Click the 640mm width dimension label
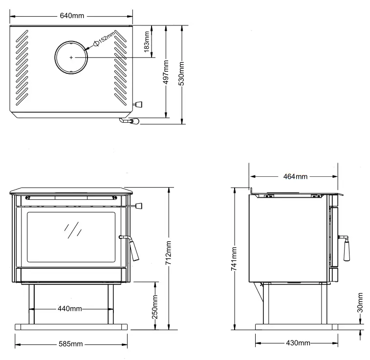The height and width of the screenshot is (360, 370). click(x=71, y=15)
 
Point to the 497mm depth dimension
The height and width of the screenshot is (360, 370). click(x=167, y=72)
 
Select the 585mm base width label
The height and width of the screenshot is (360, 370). click(x=71, y=344)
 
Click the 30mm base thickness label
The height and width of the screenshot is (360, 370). click(x=360, y=303)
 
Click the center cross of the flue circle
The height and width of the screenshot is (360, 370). click(x=71, y=57)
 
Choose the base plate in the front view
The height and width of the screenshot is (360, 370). click(x=71, y=327)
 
